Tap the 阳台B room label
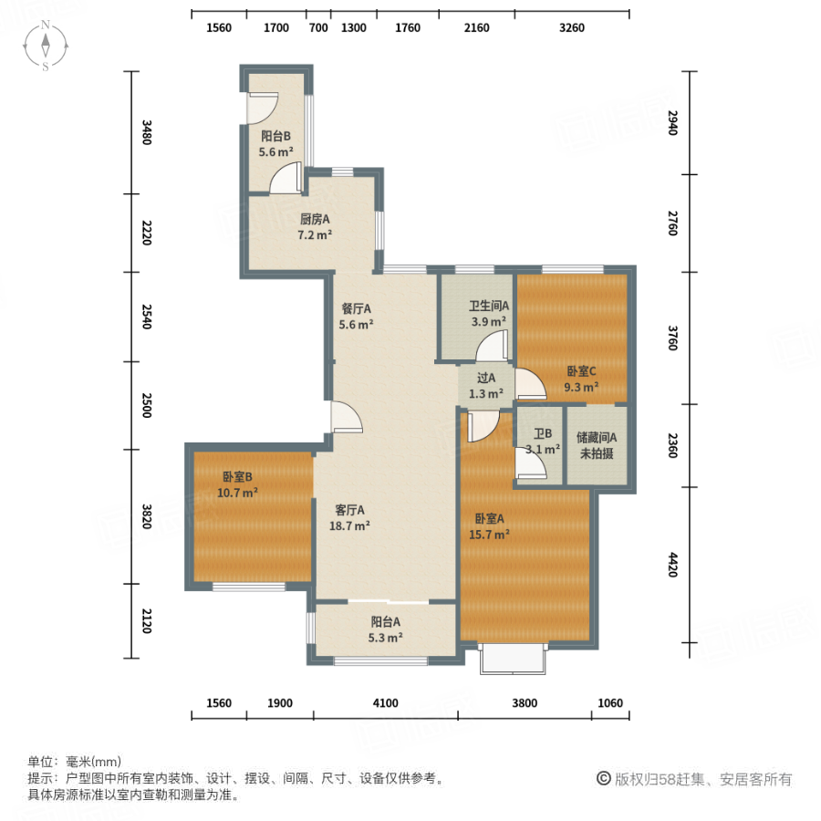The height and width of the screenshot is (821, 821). pyautogui.click(x=275, y=145)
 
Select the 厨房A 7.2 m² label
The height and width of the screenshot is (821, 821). pyautogui.click(x=315, y=226)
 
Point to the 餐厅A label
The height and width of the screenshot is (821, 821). pyautogui.click(x=356, y=316)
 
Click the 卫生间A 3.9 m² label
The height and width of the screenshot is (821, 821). pyautogui.click(x=489, y=314)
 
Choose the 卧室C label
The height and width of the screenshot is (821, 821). pyautogui.click(x=581, y=379)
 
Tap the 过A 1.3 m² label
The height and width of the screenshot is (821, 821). pyautogui.click(x=485, y=386)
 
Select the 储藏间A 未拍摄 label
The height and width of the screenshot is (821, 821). pyautogui.click(x=597, y=445)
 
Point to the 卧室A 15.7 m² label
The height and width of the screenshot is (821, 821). pyautogui.click(x=489, y=526)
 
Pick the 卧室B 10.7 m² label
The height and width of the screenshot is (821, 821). pyautogui.click(x=237, y=484)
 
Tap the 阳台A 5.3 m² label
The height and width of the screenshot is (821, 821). pyautogui.click(x=384, y=630)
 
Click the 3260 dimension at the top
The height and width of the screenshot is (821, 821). pyautogui.click(x=571, y=27)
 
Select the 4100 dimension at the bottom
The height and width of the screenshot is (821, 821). pyautogui.click(x=385, y=702)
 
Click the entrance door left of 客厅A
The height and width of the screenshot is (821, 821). pyautogui.click(x=346, y=418)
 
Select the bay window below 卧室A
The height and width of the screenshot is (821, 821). pyautogui.click(x=514, y=660)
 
